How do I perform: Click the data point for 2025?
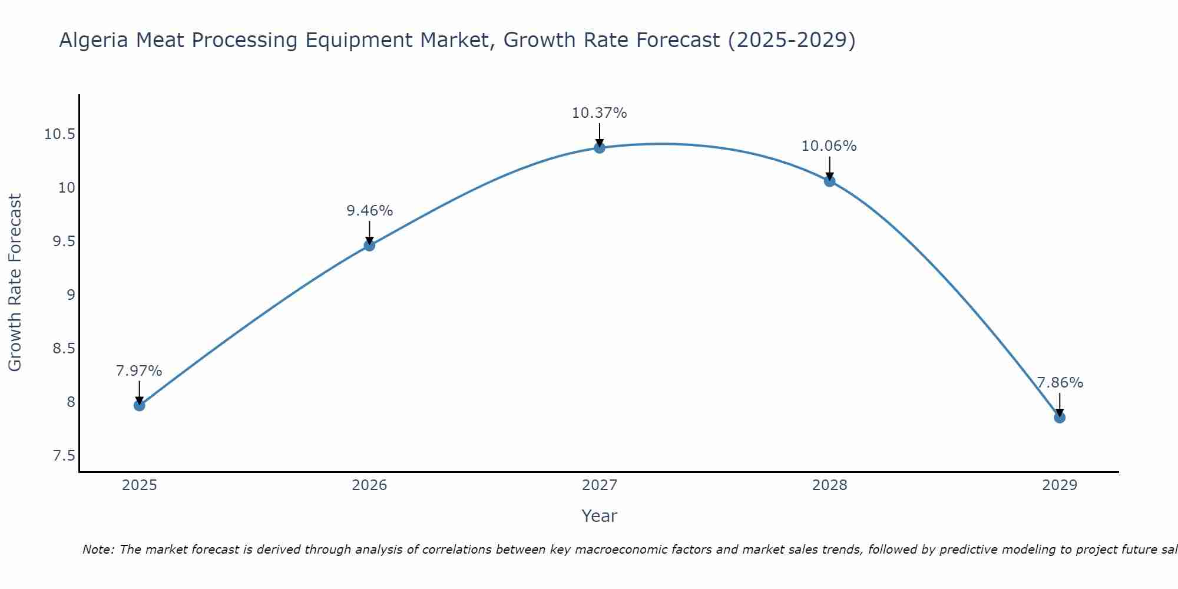(139, 405)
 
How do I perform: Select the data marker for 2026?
(369, 245)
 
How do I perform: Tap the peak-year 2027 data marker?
(600, 147)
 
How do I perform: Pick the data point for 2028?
(829, 181)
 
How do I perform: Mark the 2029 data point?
(1060, 418)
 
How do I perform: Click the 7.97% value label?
(139, 371)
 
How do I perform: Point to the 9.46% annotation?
(369, 211)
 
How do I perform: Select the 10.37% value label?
(600, 113)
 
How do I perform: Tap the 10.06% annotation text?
(829, 146)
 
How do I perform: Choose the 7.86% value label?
(1060, 383)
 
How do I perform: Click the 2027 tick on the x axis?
(600, 485)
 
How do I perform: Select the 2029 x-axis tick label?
(1060, 485)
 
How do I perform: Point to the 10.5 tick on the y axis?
(59, 134)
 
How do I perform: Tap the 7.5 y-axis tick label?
(64, 456)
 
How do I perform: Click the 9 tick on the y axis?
(71, 295)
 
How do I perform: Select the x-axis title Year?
(600, 517)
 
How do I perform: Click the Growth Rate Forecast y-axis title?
(15, 283)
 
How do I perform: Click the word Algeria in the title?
(94, 41)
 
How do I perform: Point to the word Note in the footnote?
(98, 550)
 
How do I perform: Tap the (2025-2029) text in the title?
(792, 41)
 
